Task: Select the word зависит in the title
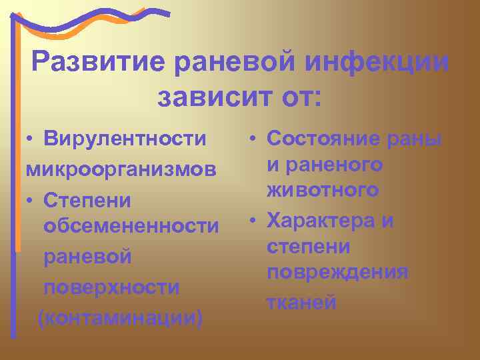[209, 98]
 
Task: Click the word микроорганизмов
[122, 169]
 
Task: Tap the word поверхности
[111, 287]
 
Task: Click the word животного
[323, 191]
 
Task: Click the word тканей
[301, 302]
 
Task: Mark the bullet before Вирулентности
[31, 139]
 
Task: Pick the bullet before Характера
[254, 221]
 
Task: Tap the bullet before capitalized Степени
[31, 200]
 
